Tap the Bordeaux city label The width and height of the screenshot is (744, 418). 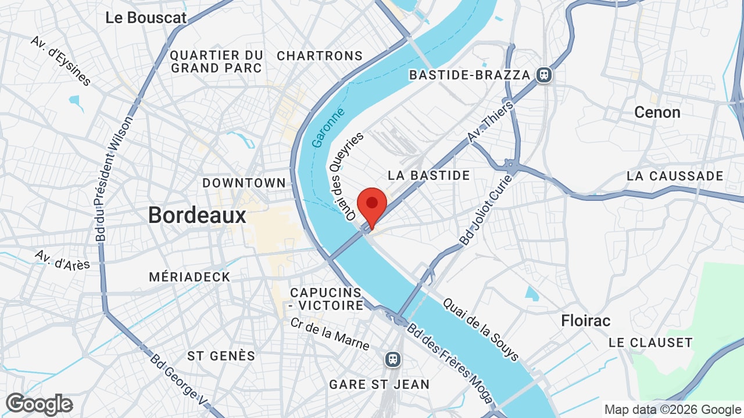197,215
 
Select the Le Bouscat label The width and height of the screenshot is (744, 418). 146,17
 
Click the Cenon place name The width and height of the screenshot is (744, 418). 657,112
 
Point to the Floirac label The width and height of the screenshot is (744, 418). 586,320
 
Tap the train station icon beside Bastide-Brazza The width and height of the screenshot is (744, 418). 544,75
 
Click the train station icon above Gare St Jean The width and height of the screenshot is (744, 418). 394,359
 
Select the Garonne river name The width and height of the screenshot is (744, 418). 328,127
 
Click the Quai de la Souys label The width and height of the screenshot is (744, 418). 481,330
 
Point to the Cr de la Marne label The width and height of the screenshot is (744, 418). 329,334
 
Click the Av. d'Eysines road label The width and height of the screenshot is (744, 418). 61,60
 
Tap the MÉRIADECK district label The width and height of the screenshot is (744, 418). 189,277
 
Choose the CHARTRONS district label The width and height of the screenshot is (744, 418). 320,56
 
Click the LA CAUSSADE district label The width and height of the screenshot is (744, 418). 675,176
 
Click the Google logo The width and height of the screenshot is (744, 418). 39,404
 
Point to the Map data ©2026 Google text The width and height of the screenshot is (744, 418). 673,410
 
